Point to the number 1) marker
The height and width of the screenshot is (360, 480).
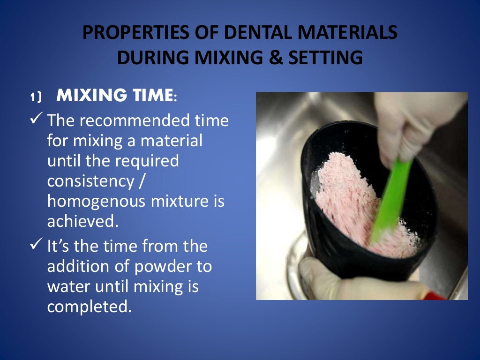[36, 97]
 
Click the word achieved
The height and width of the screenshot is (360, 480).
[82, 221]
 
